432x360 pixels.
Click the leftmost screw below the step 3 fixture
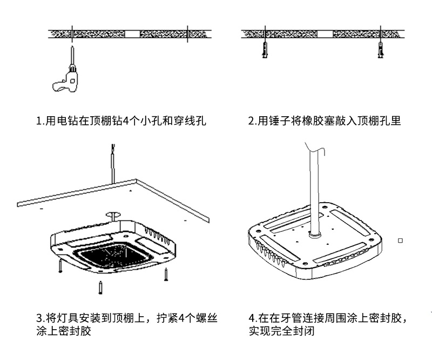click(x=60, y=265)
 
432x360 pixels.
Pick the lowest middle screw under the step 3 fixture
click(x=100, y=287)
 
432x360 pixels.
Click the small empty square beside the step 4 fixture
click(x=400, y=240)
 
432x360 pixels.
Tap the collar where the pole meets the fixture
click(x=314, y=234)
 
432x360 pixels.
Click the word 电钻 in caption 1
click(x=63, y=121)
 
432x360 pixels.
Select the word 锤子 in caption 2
click(x=275, y=121)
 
